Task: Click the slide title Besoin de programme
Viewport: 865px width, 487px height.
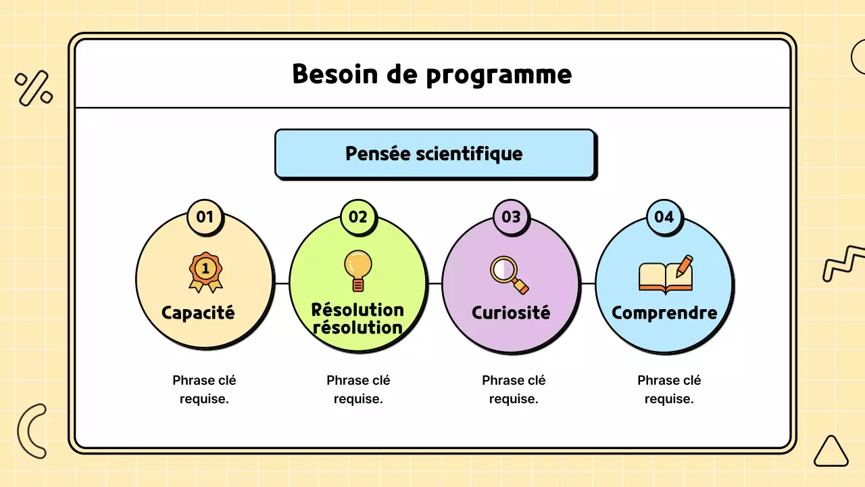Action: (432, 74)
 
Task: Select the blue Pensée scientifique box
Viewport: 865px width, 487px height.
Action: (434, 154)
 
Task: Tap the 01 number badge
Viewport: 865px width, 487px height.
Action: (205, 217)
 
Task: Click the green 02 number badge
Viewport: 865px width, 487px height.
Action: (358, 217)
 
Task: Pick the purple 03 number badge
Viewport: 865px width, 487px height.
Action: (511, 217)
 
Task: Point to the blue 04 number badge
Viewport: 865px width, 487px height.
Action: (664, 217)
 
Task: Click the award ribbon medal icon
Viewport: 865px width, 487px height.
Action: (205, 272)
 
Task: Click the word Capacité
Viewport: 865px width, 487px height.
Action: (198, 313)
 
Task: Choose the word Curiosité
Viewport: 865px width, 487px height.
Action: (511, 313)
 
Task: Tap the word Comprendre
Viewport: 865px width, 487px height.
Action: (664, 313)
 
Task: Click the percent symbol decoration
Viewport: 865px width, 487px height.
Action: (34, 89)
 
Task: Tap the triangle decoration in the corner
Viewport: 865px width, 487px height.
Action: (831, 452)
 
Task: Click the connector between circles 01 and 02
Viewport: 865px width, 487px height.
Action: (282, 283)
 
